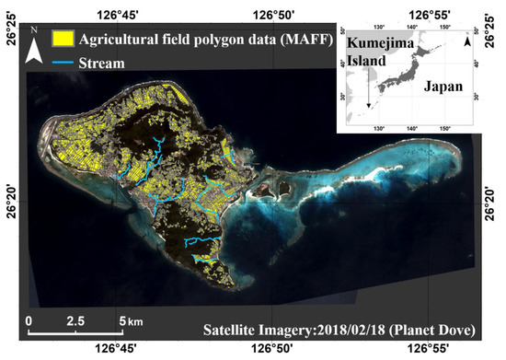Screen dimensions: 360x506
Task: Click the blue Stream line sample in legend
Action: click(x=62, y=64)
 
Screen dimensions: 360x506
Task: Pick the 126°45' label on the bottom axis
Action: click(x=119, y=349)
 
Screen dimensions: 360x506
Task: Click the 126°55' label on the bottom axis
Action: click(x=432, y=349)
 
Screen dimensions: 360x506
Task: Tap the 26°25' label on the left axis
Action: click(x=12, y=31)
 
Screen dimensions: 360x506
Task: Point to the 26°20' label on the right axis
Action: click(x=494, y=192)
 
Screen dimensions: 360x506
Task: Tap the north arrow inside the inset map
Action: click(x=466, y=43)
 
